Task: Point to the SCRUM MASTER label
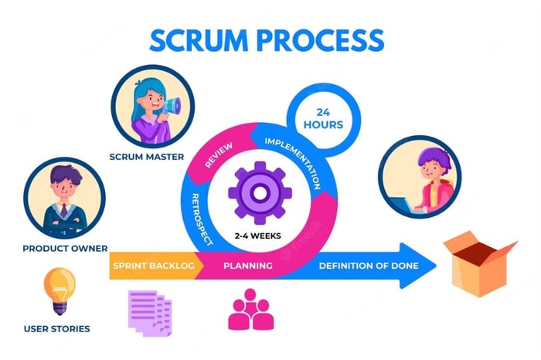[x=147, y=157]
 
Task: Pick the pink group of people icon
[x=249, y=310]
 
